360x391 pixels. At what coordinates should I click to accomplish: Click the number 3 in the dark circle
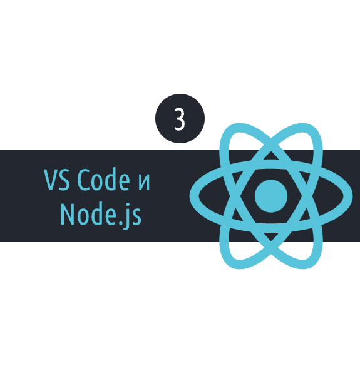[x=180, y=119]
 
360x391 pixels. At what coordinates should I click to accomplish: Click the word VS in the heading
[x=57, y=180]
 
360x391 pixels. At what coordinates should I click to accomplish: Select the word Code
[x=103, y=179]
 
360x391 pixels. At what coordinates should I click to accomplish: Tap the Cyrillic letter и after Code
[x=144, y=182]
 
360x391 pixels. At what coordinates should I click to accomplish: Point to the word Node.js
[x=101, y=215]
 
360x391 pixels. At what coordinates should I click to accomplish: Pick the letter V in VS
[x=50, y=180]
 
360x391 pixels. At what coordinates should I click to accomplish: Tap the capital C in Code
[x=83, y=180]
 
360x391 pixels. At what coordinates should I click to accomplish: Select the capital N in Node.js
[x=68, y=214]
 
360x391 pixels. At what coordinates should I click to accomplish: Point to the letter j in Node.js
[x=127, y=216]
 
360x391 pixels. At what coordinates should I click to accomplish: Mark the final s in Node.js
[x=136, y=216]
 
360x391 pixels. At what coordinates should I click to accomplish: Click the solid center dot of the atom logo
[x=271, y=196]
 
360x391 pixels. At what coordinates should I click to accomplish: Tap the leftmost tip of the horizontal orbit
[x=190, y=196]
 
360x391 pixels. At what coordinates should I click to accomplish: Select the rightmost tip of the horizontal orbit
[x=352, y=196]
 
